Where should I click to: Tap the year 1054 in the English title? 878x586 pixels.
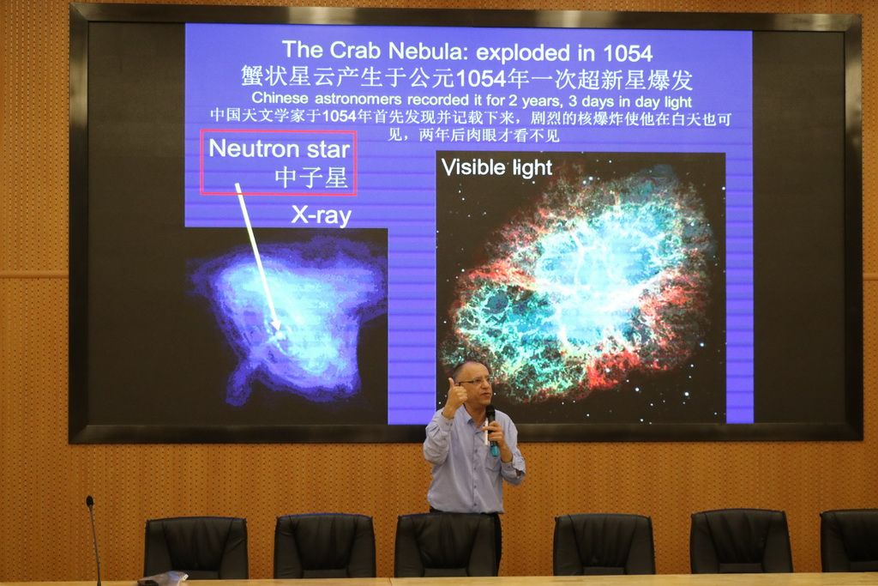coord(628,54)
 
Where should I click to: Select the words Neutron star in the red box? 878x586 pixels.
coord(280,148)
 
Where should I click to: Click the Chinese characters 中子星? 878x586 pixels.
coord(312,178)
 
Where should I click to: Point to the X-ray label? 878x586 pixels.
coord(322,215)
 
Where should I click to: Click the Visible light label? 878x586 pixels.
coord(496,167)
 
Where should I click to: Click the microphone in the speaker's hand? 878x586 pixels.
coord(492,430)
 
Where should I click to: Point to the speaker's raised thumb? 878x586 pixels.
coord(451,385)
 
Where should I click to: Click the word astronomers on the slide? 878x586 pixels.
coord(358,100)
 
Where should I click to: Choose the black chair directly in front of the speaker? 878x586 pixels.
coord(446,545)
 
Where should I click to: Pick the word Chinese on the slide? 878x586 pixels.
coord(280,99)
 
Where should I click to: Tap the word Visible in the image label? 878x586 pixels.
coord(473,167)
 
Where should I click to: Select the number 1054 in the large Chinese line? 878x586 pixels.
coord(482,79)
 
